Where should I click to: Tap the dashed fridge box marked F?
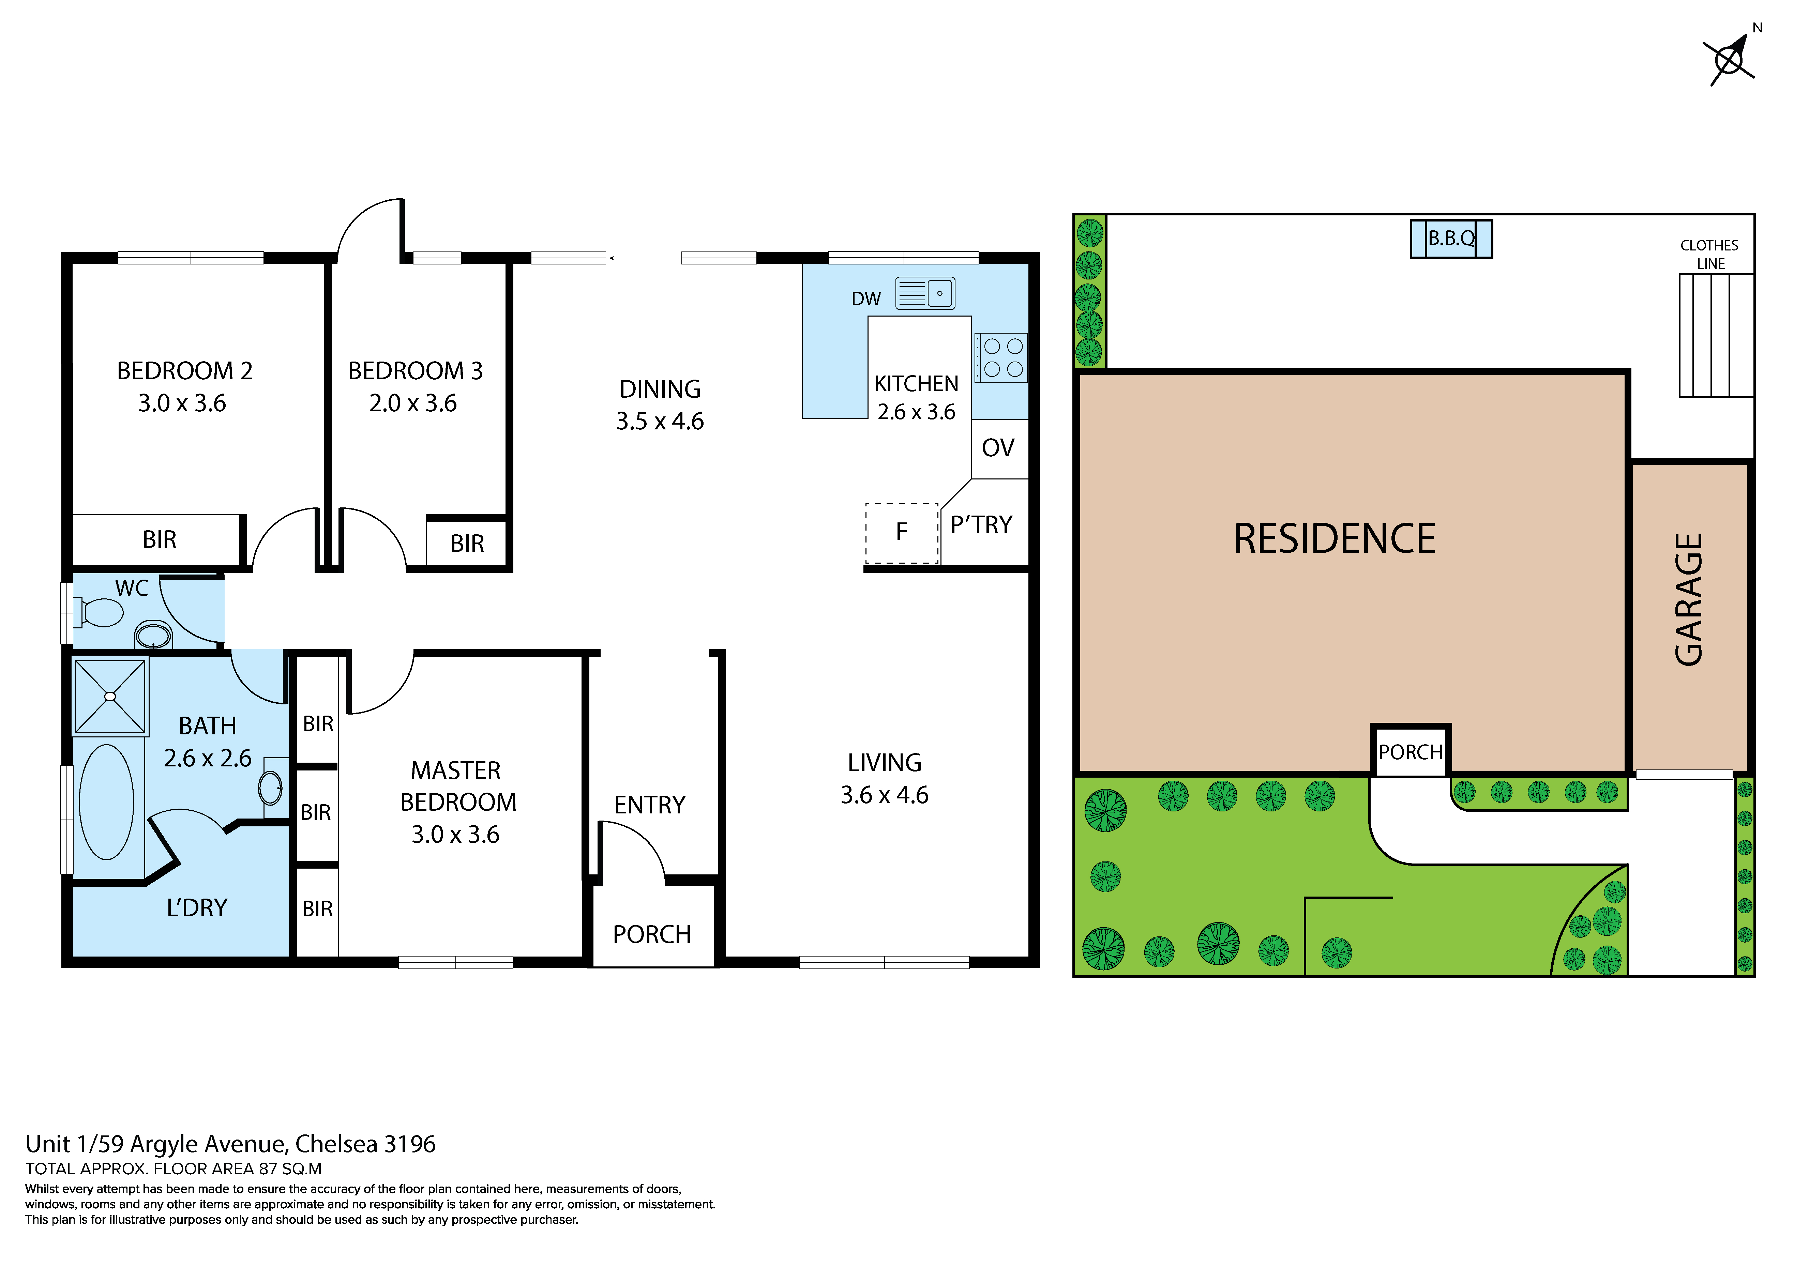click(x=902, y=533)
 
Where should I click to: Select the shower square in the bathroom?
click(x=110, y=696)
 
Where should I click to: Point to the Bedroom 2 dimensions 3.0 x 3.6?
click(x=182, y=403)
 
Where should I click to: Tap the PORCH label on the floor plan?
click(x=652, y=934)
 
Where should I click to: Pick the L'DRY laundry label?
click(x=197, y=908)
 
